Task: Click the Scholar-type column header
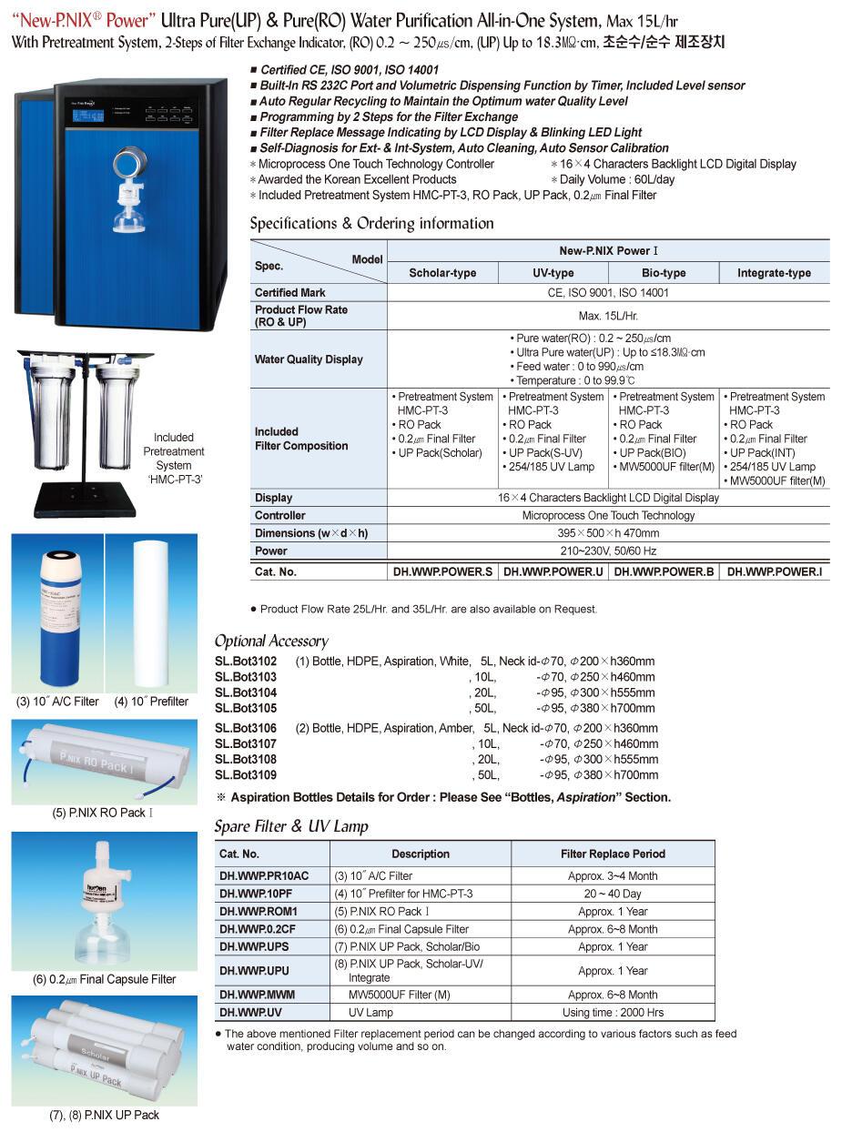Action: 442,273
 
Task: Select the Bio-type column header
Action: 664,273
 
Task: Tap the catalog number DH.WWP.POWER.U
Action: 553,572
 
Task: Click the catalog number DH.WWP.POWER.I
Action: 775,572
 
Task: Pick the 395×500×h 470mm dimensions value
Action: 609,533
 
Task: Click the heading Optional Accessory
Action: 270,641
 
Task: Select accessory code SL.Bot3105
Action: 245,708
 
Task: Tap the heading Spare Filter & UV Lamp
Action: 291,826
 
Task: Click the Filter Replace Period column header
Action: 613,854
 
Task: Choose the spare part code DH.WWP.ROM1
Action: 258,912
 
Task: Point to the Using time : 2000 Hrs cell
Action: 613,1013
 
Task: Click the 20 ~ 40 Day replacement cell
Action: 613,894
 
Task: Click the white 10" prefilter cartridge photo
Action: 151,613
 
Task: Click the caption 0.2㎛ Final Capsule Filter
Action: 104,979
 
